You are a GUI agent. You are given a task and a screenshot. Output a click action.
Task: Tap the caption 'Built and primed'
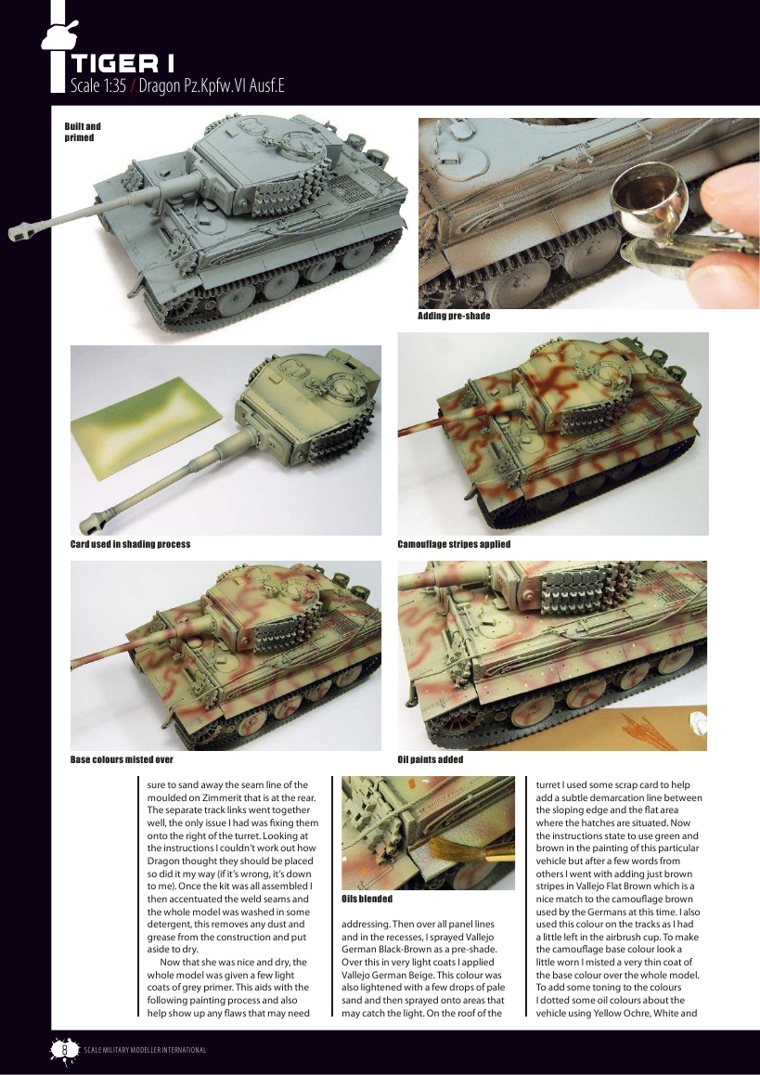click(83, 132)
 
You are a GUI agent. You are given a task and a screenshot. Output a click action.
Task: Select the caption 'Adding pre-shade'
click(454, 317)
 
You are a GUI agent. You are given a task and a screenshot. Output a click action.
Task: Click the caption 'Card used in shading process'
click(131, 544)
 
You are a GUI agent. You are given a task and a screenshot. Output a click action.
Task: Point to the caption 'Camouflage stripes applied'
click(454, 544)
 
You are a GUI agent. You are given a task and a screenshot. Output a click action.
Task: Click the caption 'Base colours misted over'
click(122, 759)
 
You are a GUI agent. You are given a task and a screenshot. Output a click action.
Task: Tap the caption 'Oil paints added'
click(430, 759)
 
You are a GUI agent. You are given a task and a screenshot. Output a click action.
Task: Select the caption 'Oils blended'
click(367, 899)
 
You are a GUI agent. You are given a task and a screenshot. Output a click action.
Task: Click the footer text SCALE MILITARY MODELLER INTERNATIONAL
click(144, 1050)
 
